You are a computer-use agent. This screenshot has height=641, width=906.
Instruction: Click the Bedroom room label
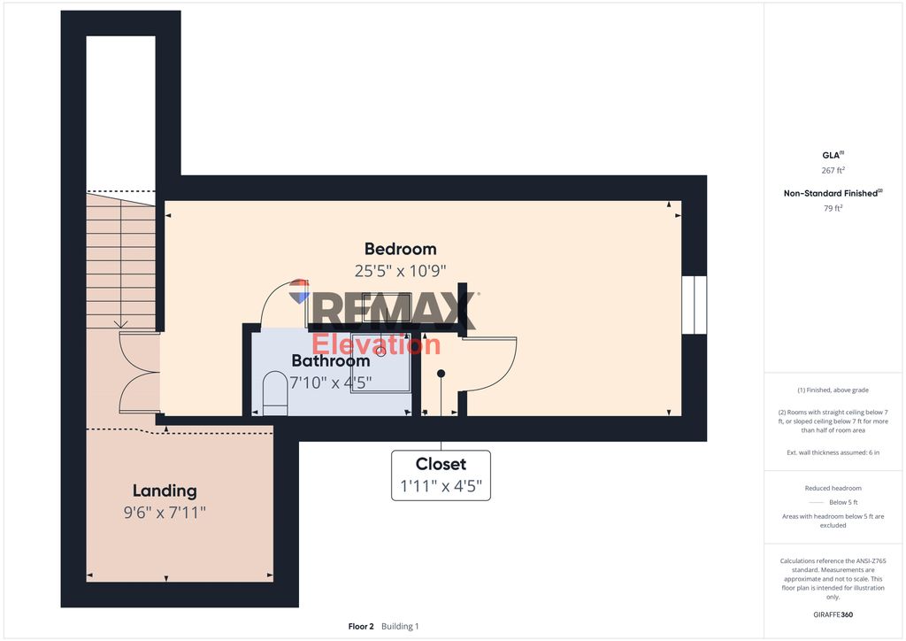pos(401,249)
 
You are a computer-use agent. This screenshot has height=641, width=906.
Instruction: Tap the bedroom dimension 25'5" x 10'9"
pos(401,271)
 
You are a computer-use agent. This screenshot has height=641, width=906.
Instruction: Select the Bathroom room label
pos(330,361)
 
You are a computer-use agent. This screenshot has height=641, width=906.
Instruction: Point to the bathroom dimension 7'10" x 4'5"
pos(330,382)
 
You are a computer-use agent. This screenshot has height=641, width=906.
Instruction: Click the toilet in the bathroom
pos(275,393)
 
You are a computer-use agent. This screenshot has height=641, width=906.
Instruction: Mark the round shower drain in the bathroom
pos(381,351)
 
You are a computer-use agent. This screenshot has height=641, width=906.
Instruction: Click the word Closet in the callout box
pos(441,464)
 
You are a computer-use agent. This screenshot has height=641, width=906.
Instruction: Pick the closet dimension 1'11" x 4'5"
pos(441,486)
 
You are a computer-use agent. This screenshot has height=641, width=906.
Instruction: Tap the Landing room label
pos(165,490)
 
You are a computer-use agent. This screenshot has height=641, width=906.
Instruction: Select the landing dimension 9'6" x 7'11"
pos(165,512)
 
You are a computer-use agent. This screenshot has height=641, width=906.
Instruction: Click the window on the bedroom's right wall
pos(694,305)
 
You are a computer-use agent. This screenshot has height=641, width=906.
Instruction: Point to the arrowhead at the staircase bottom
pos(122,324)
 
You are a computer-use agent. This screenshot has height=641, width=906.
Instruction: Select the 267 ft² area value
pos(833,170)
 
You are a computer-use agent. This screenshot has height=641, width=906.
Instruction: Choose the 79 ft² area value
pos(833,209)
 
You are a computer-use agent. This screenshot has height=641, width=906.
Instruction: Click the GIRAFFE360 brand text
pos(833,614)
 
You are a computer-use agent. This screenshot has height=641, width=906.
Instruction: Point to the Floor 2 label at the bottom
pos(361,626)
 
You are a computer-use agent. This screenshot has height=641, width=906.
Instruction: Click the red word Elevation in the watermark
pos(376,344)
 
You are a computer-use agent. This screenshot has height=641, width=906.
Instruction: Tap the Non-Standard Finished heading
pos(833,193)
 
